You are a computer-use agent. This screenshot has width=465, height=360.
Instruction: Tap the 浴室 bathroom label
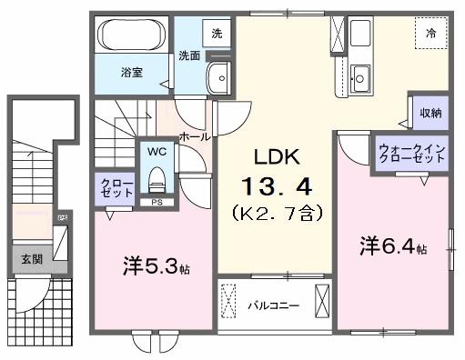(132, 72)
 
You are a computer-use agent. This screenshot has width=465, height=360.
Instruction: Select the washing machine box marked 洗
(216, 34)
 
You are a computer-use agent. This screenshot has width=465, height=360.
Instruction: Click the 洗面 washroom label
(189, 55)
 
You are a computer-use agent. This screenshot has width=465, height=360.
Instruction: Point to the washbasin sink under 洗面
(218, 78)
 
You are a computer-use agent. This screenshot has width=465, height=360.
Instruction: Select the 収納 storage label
(430, 113)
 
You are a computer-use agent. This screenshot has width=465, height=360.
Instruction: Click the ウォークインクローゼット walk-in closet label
(412, 151)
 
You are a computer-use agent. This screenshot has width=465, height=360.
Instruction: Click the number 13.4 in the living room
(277, 187)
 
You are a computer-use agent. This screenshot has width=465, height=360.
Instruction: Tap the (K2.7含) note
(277, 215)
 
